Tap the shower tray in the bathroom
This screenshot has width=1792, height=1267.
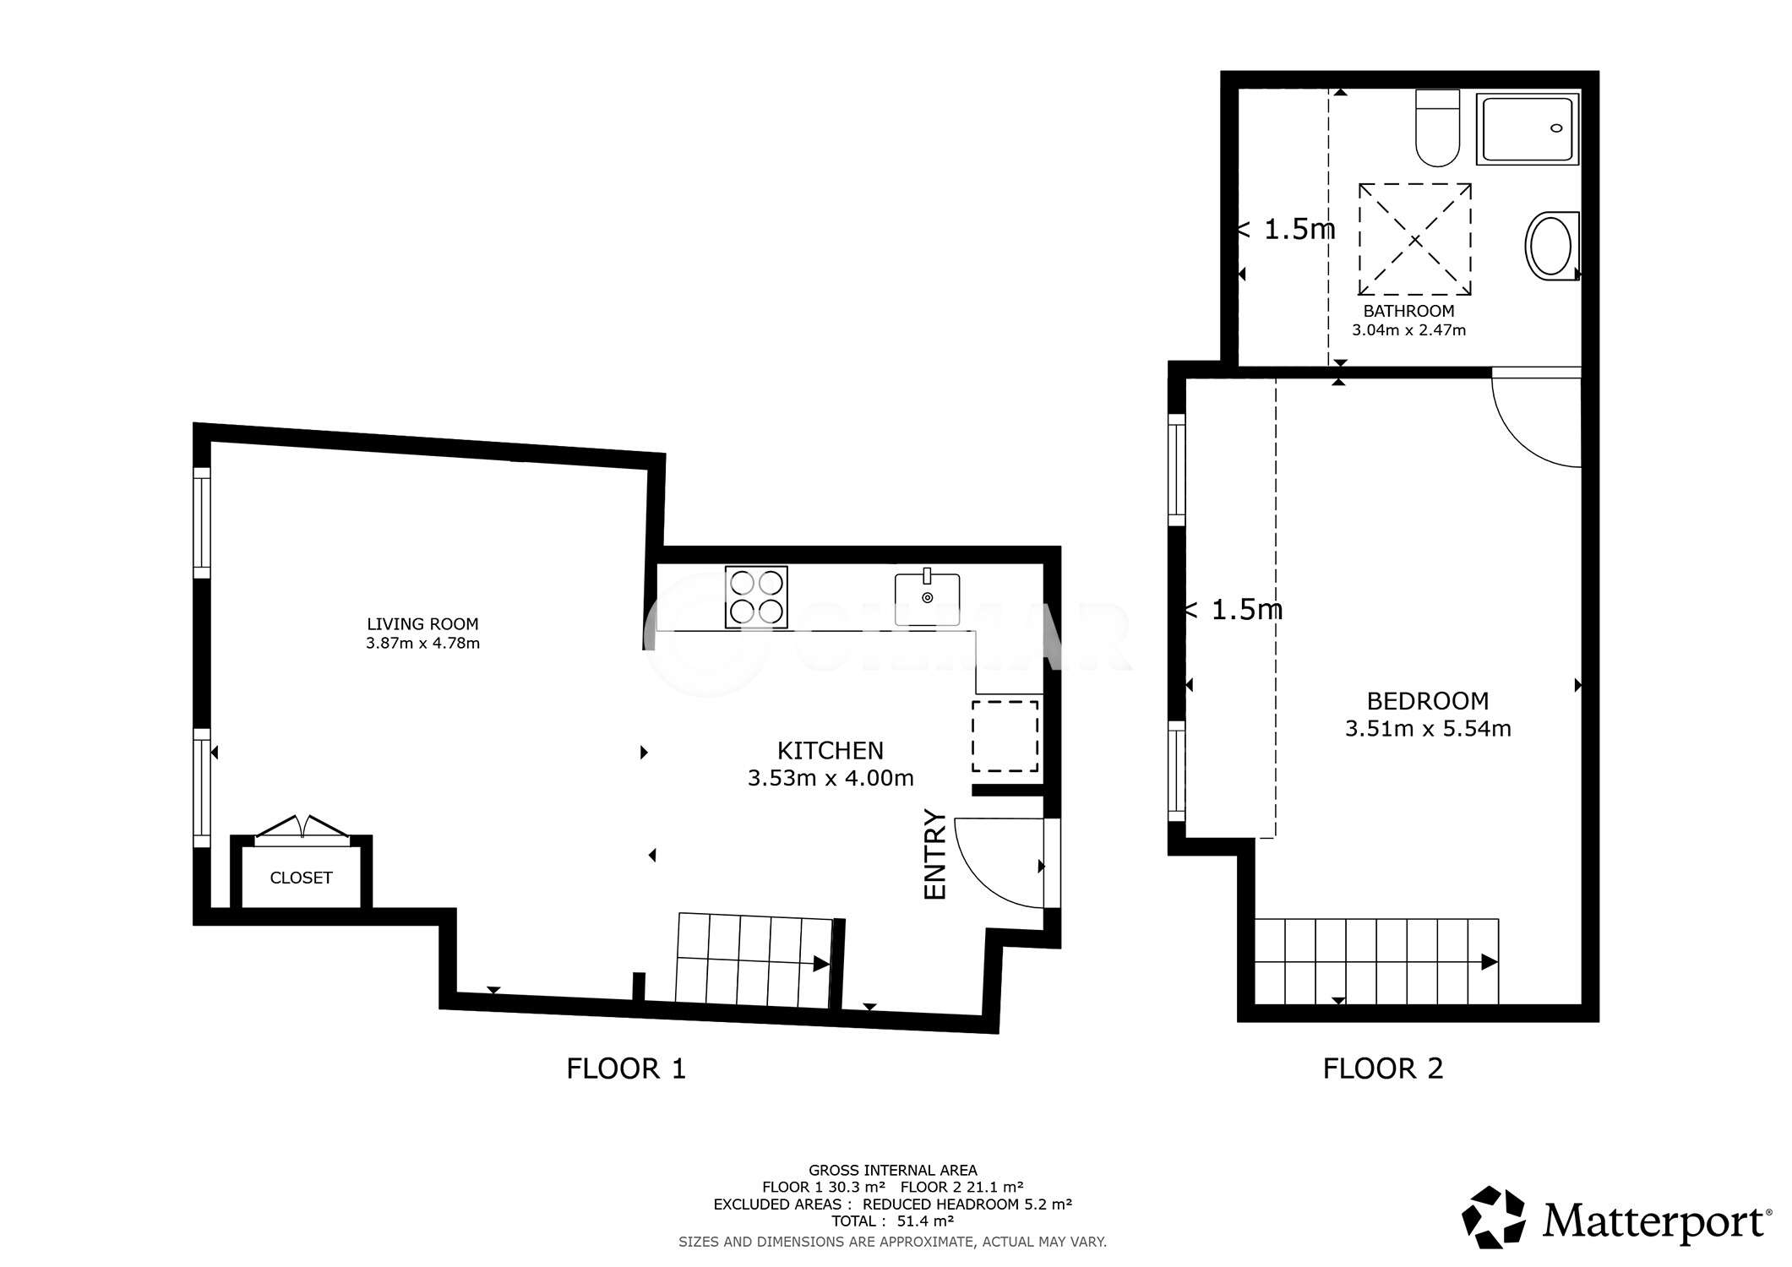(x=1528, y=128)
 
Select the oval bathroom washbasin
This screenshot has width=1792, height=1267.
(x=1551, y=246)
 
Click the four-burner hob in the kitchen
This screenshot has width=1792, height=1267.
(x=756, y=597)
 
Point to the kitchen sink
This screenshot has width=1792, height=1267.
(x=928, y=598)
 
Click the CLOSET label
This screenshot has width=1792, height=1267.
(x=301, y=878)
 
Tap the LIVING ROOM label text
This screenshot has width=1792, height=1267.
(x=422, y=624)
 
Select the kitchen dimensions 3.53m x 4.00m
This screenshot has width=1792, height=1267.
(x=831, y=778)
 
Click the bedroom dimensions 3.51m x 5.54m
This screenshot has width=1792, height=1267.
(x=1428, y=728)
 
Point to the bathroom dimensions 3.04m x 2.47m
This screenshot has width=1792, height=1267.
(x=1408, y=330)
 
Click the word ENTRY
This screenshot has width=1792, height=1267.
(x=935, y=854)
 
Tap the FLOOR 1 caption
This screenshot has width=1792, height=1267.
(x=626, y=1069)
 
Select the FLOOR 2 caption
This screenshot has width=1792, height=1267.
(x=1383, y=1069)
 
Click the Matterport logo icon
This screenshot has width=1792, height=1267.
(x=1493, y=1217)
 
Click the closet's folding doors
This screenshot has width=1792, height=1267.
(x=302, y=830)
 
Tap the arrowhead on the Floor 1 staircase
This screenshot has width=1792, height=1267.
(x=820, y=964)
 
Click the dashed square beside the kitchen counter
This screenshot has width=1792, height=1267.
(x=1005, y=736)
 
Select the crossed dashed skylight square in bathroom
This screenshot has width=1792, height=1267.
(x=1414, y=240)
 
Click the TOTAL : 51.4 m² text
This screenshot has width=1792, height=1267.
(x=892, y=1221)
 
